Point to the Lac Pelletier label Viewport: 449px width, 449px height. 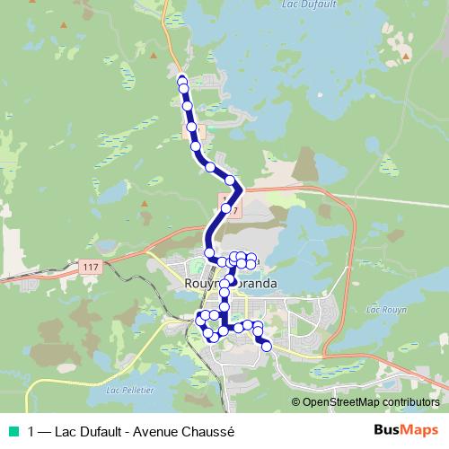pyautogui.click(x=130, y=391)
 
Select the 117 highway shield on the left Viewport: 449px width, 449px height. pyautogui.click(x=89, y=268)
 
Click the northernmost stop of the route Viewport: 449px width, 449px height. pyautogui.click(x=182, y=81)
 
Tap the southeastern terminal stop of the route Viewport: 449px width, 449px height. pyautogui.click(x=266, y=346)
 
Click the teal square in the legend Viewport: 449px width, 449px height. pyautogui.click(x=12, y=430)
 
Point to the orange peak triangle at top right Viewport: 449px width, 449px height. pyautogui.click(x=406, y=57)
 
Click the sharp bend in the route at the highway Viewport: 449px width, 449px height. pyautogui.click(x=241, y=189)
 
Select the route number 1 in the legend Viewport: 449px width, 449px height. pyautogui.click(x=32, y=430)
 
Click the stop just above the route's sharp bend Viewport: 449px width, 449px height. pyautogui.click(x=231, y=180)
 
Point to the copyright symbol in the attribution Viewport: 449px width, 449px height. pyautogui.click(x=296, y=401)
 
